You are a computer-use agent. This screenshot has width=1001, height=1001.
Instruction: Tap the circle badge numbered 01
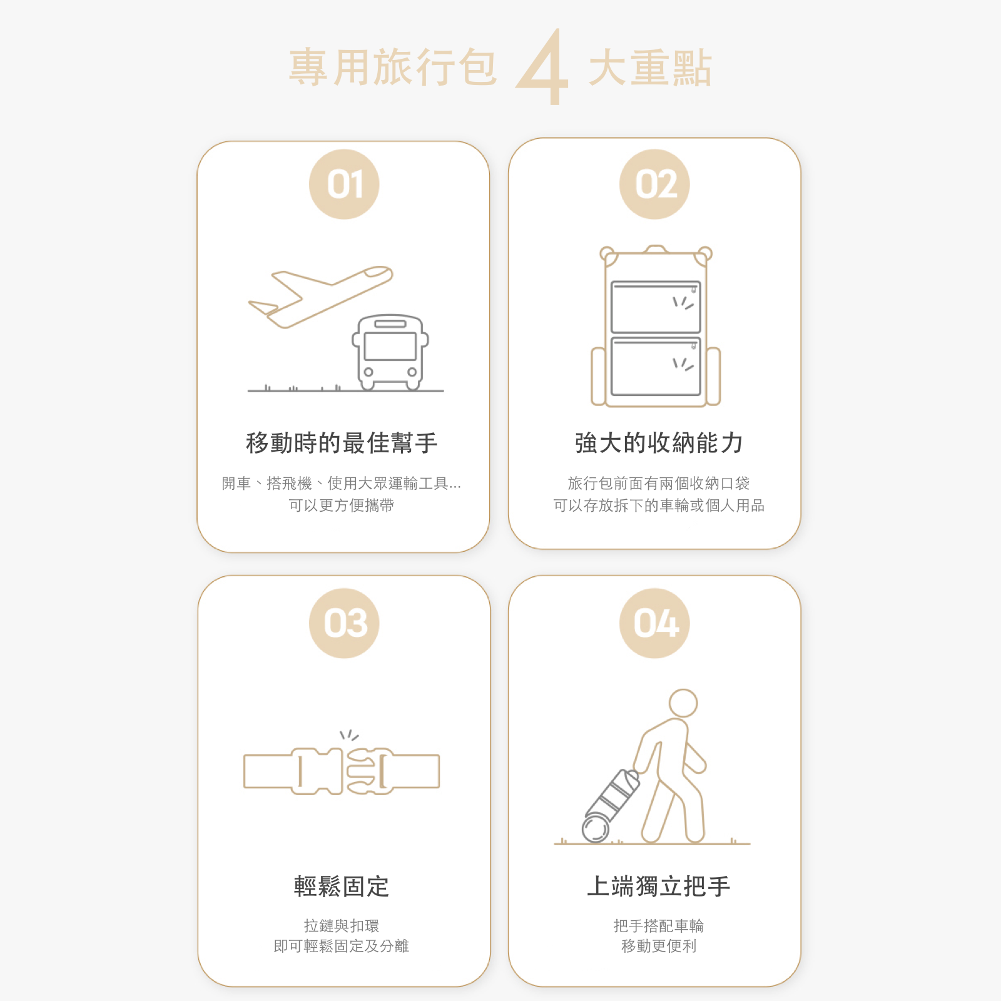[x=344, y=185]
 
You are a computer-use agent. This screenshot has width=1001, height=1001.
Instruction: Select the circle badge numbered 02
[x=654, y=185]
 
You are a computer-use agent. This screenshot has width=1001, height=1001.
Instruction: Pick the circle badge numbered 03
[x=344, y=623]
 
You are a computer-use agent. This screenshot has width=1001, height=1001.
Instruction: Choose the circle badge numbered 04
[x=654, y=623]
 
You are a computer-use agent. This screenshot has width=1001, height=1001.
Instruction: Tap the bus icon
[x=390, y=352]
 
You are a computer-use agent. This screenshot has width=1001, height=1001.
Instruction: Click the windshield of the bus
[x=390, y=346]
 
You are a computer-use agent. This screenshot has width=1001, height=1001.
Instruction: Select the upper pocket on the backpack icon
[x=655, y=307]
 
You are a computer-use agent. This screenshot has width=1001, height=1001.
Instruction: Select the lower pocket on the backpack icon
[x=655, y=367]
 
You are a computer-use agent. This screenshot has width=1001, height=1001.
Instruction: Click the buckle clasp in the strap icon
[x=342, y=771]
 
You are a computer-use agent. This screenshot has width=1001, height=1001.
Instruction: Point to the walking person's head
[x=683, y=703]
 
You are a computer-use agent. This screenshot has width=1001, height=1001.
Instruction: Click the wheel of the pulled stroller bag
[x=596, y=829]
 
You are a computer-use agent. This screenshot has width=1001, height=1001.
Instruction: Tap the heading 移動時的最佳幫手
[x=342, y=443]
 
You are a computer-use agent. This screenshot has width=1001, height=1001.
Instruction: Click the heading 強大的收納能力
[x=658, y=443]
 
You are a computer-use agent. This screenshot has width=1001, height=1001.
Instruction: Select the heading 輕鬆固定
[x=342, y=887]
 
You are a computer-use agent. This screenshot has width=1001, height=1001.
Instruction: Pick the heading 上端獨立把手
[x=658, y=887]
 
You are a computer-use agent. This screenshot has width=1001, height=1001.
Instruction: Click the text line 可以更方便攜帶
[x=342, y=506]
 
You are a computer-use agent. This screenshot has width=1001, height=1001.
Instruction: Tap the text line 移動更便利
[x=658, y=946]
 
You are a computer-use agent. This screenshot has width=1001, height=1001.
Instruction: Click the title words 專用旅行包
[x=393, y=68]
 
